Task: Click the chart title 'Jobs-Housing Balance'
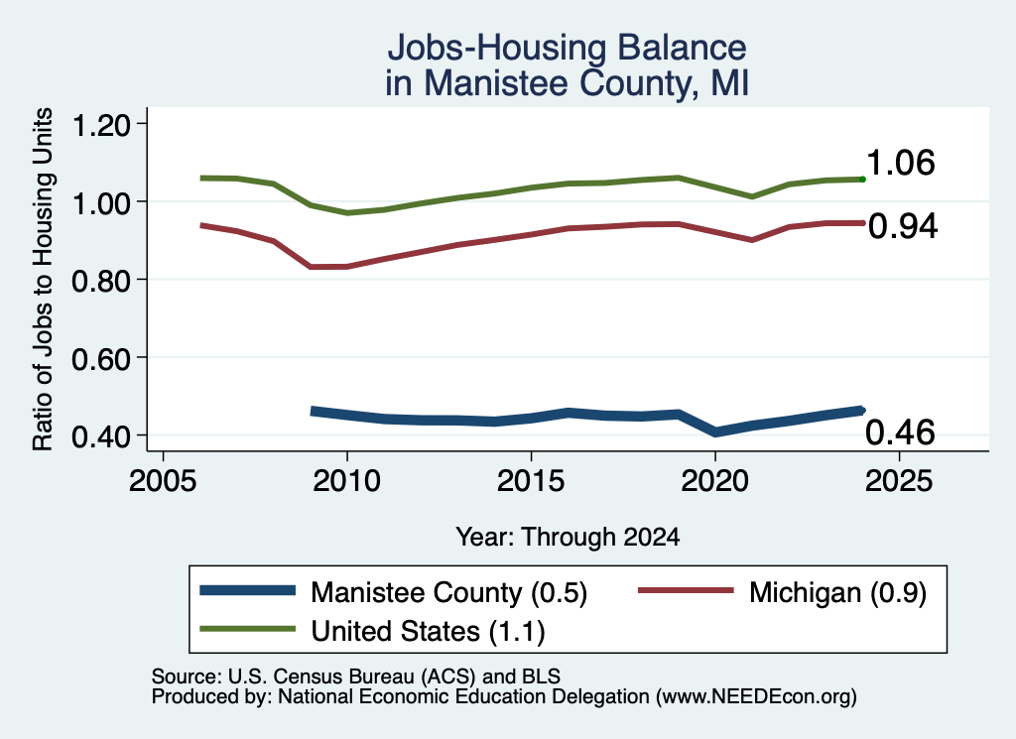pos(567,48)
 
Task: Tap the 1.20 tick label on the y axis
pos(101,125)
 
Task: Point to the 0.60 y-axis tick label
pos(101,359)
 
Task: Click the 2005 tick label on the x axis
pos(164,481)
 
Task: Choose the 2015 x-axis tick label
pos(531,481)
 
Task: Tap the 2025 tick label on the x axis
pos(899,481)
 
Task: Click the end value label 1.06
pos(901,163)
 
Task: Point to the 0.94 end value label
pos(903,227)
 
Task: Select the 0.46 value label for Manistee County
pos(901,432)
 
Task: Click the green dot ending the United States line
pos(862,179)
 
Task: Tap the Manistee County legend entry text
pos(449,592)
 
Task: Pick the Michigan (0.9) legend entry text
pos(837,592)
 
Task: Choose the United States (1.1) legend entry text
pos(429,631)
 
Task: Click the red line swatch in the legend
pos(687,590)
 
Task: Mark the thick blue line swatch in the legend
pos(247,590)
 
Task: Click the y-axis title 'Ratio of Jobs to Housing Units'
pos(43,279)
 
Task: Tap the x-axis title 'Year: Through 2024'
pos(568,537)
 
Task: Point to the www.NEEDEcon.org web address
pos(756,697)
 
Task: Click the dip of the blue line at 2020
pos(715,431)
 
